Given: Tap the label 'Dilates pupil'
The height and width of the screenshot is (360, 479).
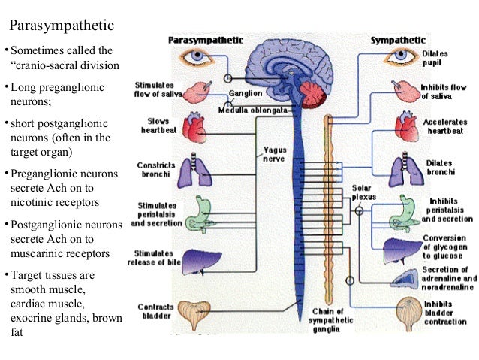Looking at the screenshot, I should pos(435,59).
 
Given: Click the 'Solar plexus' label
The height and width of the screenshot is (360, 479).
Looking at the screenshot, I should pos(363,192).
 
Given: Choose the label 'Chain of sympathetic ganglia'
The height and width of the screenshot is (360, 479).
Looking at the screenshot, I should pos(328,321).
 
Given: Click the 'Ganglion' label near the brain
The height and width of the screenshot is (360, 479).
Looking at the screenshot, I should pos(248,94).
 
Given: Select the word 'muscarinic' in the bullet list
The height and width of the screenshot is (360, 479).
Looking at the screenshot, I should pos(39,253).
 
